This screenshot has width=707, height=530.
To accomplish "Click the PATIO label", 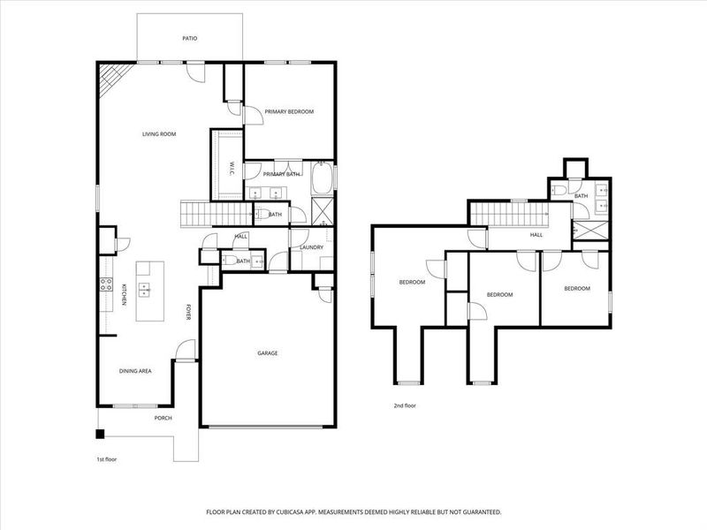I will pyautogui.click(x=189, y=39).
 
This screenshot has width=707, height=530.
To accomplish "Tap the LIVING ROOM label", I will pyautogui.click(x=160, y=134).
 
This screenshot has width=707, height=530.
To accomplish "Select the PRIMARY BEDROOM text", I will pyautogui.click(x=289, y=112).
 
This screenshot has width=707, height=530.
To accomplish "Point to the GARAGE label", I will pyautogui.click(x=268, y=353).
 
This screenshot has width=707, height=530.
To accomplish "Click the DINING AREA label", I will pyautogui.click(x=135, y=371).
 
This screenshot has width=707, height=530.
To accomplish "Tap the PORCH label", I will pyautogui.click(x=163, y=418).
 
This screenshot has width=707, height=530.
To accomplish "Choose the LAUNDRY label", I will pyautogui.click(x=311, y=247).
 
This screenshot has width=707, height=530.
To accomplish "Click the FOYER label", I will pyautogui.click(x=188, y=314).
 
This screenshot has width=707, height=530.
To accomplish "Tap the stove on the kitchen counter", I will pyautogui.click(x=104, y=285).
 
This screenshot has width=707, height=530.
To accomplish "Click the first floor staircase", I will pyautogui.click(x=205, y=213).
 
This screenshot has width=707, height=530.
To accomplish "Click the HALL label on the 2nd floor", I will pyautogui.click(x=536, y=235).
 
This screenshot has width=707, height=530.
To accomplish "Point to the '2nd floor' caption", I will pyautogui.click(x=405, y=405).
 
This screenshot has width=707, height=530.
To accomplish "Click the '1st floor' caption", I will pyautogui.click(x=106, y=460).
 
